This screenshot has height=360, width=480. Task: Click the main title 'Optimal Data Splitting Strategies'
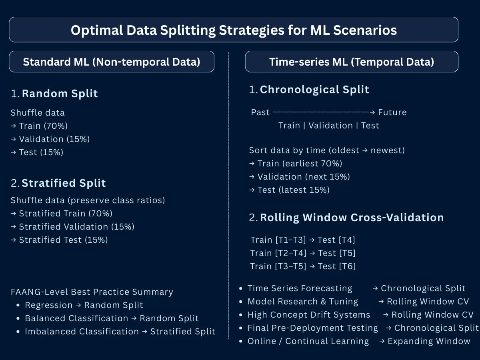tap(234, 30)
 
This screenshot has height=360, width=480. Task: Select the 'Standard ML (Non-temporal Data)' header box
tap(112, 62)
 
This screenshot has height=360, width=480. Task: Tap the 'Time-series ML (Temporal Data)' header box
tap(351, 62)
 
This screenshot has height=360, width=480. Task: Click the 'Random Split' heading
tap(60, 94)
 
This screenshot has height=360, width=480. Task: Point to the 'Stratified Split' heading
tap(64, 183)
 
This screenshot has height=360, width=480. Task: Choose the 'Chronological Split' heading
tap(314, 90)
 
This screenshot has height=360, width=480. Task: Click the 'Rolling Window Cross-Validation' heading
tap(352, 218)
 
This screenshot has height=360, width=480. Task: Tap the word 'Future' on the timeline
tap(392, 112)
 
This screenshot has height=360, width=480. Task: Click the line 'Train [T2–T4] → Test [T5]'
tap(303, 253)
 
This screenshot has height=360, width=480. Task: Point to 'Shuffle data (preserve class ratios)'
tap(88, 200)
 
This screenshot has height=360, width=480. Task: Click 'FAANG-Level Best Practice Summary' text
tap(92, 292)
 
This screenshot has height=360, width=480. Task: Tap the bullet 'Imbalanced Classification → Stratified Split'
tap(120, 332)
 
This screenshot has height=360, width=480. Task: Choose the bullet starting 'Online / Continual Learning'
tap(308, 341)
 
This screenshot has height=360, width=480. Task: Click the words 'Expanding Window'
tap(429, 341)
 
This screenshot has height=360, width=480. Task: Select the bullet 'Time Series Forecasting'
tap(300, 288)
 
